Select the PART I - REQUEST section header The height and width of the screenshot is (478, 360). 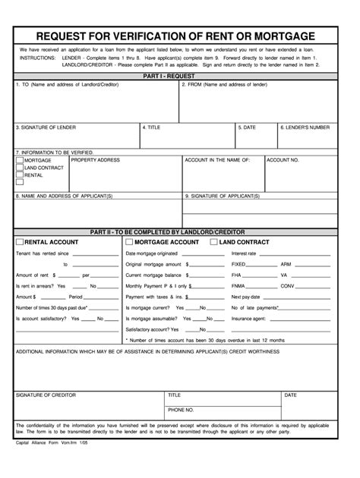(179, 77)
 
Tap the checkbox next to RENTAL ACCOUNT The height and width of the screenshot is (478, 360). (20, 241)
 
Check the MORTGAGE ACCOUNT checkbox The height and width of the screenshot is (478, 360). (128, 241)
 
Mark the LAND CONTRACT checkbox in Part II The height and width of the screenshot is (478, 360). (213, 241)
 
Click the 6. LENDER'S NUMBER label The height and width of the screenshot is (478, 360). (304, 127)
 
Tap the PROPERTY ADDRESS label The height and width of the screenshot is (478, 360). (95, 160)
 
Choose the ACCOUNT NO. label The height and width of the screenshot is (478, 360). (283, 160)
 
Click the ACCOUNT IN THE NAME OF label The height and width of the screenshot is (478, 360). (217, 160)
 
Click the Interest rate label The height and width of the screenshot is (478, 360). (244, 253)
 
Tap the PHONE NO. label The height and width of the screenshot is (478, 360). (181, 409)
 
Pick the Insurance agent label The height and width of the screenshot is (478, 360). (247, 319)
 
